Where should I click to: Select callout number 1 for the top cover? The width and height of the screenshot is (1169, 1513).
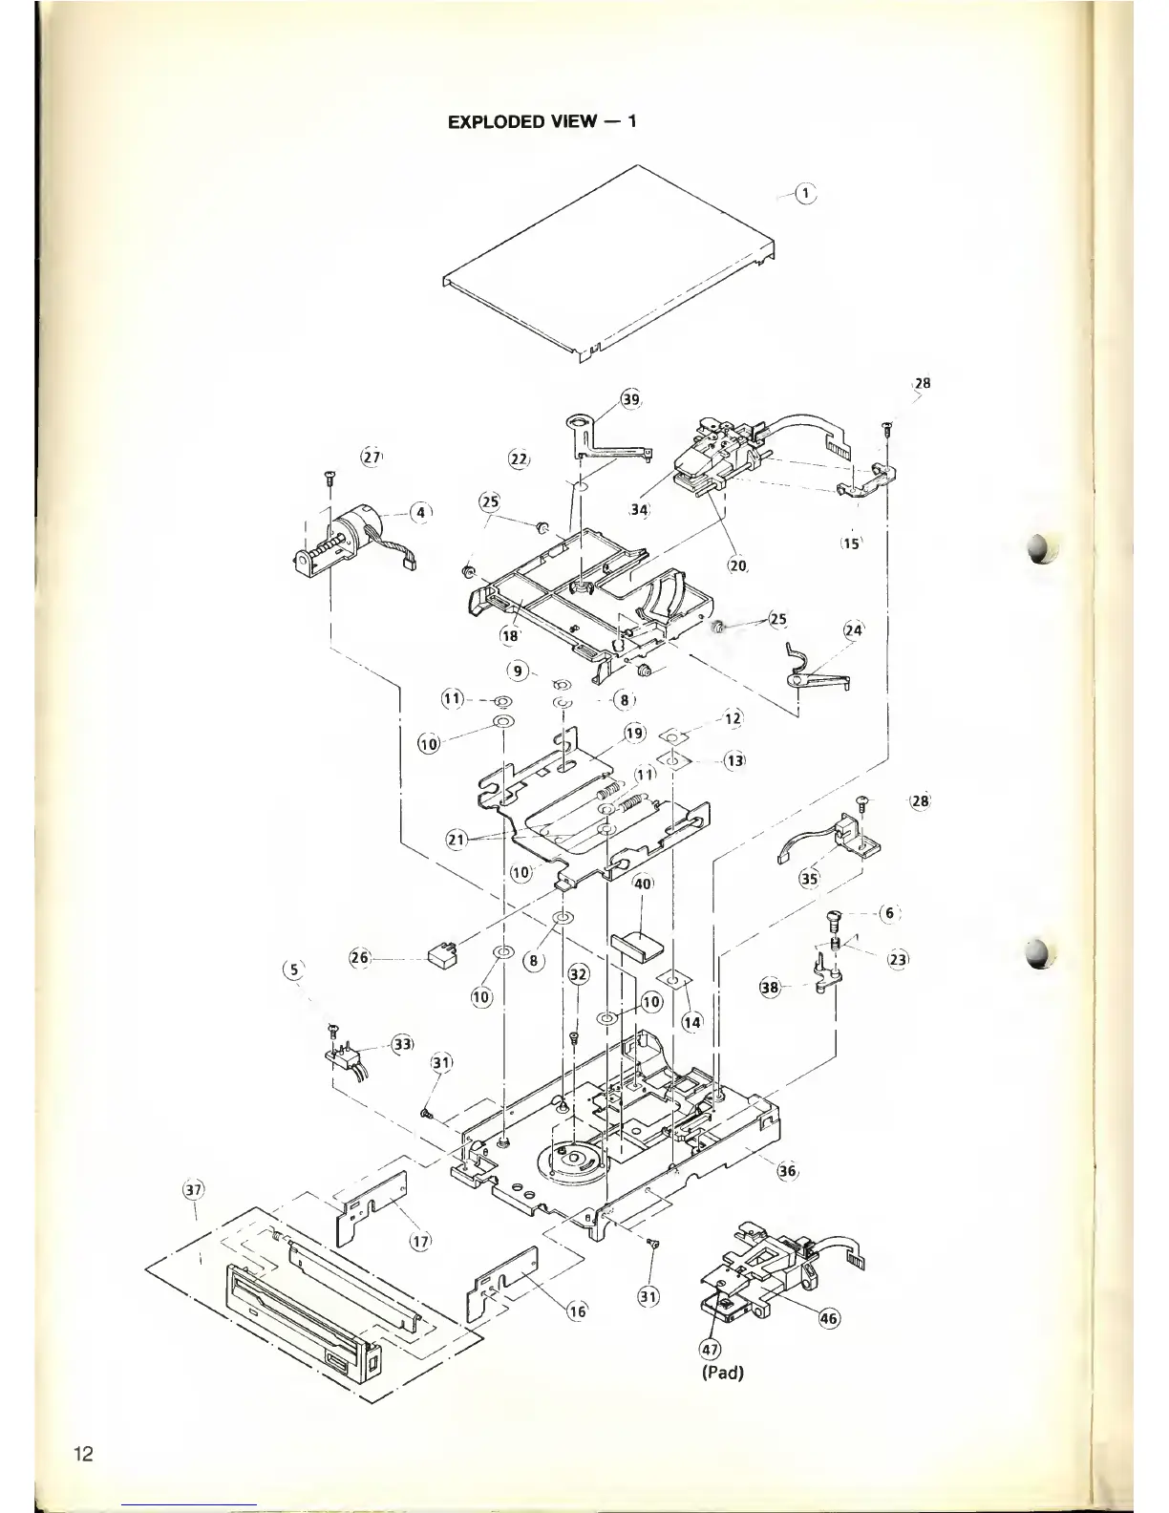pos(806,194)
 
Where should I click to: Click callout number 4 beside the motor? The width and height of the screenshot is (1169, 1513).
pos(418,512)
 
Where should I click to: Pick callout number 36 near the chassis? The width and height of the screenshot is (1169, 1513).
pos(788,1171)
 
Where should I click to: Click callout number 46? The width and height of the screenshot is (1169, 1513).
pos(829,1319)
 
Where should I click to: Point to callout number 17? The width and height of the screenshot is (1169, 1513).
pos(419,1241)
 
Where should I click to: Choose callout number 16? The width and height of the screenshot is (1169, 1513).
pos(577,1311)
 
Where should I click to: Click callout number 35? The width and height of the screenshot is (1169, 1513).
pos(809,878)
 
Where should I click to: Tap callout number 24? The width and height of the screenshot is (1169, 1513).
pos(853,630)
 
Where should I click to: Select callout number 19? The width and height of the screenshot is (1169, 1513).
pos(634,734)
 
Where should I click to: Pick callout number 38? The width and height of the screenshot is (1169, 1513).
pos(770,987)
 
